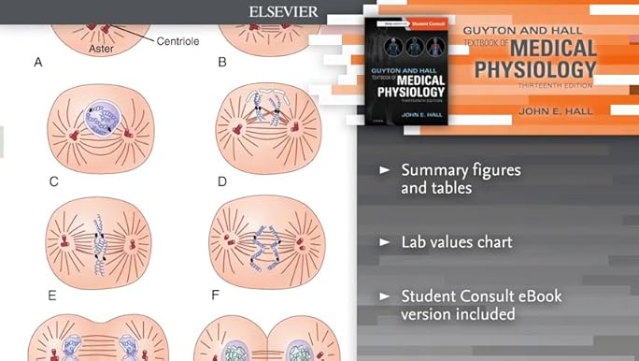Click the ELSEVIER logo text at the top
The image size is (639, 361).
283,12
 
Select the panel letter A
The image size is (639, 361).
38,63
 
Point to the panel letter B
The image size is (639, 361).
222,63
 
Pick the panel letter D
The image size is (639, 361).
222,180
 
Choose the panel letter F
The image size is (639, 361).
215,295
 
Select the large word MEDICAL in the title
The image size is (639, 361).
529,47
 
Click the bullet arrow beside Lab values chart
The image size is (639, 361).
384,242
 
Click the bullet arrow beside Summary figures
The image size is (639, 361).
384,171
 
